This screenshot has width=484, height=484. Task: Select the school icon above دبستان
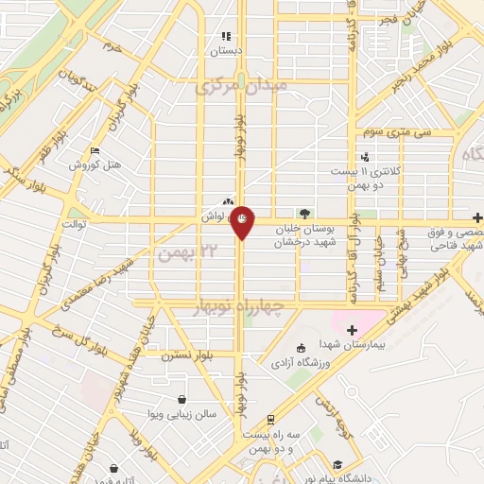click(226, 35)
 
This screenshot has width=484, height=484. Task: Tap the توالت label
click(75, 224)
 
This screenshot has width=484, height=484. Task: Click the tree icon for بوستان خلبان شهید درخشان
click(303, 214)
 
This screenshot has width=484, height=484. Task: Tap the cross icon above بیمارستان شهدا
click(351, 330)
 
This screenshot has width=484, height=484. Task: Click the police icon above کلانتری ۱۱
click(365, 157)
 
